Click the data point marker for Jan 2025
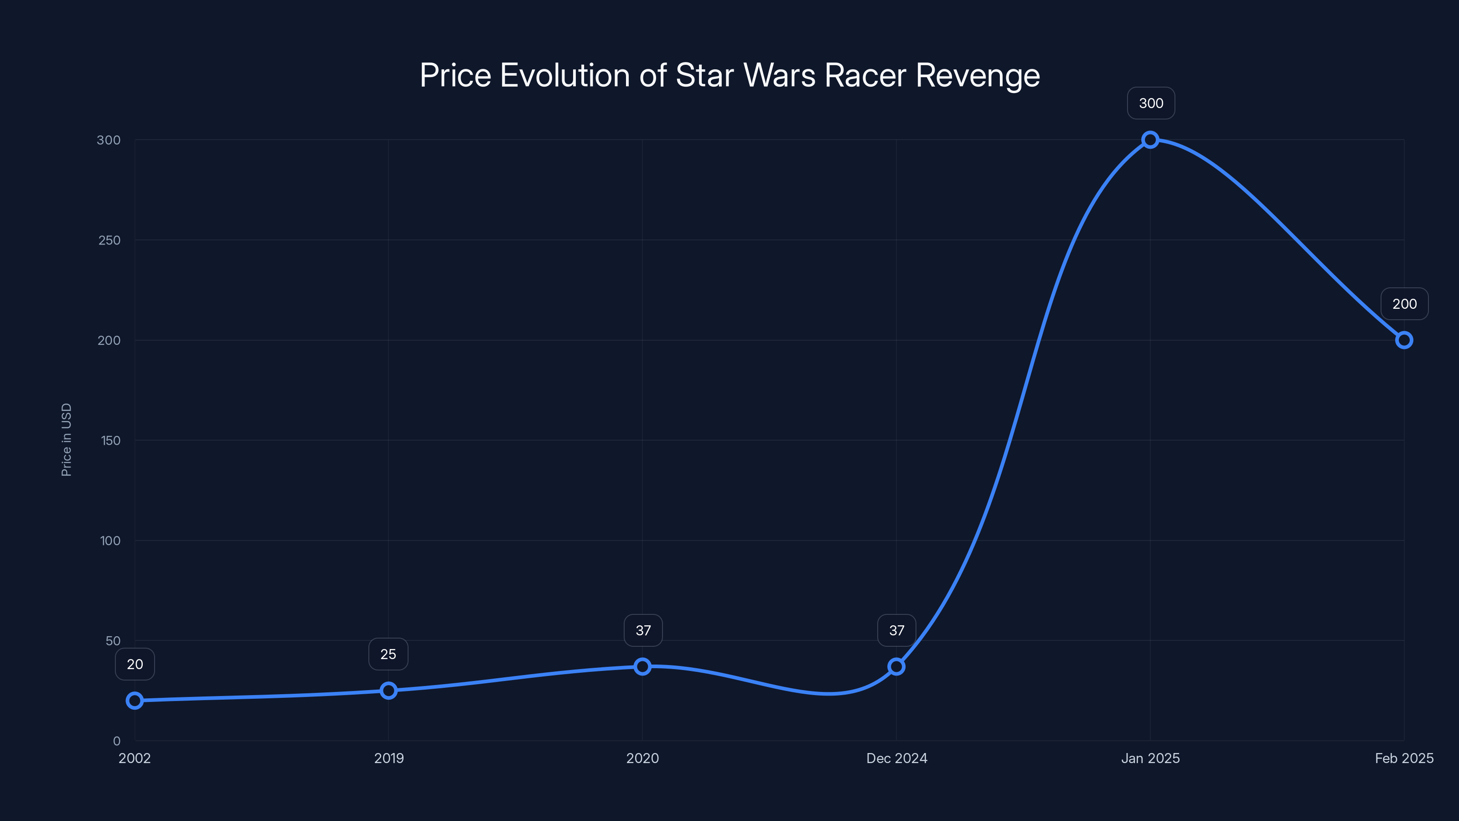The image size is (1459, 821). pos(1150,140)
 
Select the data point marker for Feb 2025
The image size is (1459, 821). pos(1403,340)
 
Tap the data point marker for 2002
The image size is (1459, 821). pos(135,700)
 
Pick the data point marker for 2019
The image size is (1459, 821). pos(388,690)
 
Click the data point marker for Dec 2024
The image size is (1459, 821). pos(896,666)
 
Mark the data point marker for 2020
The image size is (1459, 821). pos(642,666)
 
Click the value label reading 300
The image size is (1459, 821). pos(1151,103)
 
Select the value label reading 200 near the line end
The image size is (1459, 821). pos(1404,304)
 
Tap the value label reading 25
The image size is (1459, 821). pos(388,654)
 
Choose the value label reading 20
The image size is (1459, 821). pos(135,664)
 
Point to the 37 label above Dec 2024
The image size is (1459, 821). pos(896,630)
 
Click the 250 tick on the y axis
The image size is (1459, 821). pos(109,240)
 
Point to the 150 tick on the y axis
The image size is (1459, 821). pos(110,440)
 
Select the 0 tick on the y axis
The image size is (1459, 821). pos(117,741)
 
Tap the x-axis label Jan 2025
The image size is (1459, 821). pos(1150,758)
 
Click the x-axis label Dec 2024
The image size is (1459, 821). pos(896,758)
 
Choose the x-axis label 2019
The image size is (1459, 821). pos(388,758)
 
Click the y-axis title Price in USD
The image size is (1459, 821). pos(66,440)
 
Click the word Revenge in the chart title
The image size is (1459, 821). pos(978,75)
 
